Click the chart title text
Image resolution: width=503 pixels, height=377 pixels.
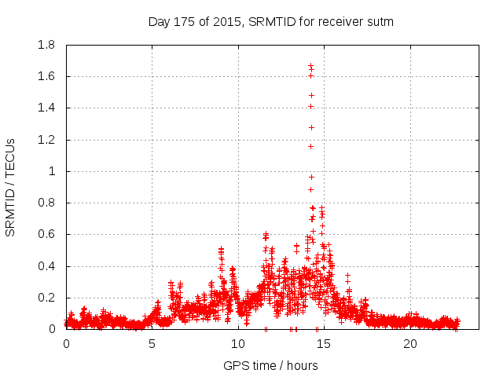click(270, 22)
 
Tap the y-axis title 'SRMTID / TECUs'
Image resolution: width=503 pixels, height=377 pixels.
click(10, 187)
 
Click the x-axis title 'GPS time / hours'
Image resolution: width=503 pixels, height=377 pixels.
click(270, 365)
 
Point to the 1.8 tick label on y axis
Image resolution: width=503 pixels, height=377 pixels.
click(46, 45)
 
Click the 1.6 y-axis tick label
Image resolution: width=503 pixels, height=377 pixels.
click(46, 76)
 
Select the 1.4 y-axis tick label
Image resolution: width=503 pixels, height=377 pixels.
click(46, 108)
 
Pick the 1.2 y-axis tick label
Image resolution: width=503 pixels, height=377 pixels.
click(46, 140)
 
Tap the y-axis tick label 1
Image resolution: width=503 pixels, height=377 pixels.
click(53, 171)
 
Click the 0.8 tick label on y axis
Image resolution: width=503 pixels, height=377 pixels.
click(46, 203)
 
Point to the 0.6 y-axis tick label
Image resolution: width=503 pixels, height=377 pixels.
click(46, 234)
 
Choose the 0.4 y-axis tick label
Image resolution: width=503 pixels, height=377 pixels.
click(46, 266)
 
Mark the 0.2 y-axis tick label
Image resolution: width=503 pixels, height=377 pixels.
click(46, 298)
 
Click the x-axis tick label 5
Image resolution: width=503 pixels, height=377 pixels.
click(152, 344)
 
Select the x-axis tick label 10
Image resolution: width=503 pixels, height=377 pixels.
click(238, 344)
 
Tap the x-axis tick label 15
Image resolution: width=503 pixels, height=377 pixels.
click(324, 344)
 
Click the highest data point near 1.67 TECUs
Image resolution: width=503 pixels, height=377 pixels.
click(310, 65)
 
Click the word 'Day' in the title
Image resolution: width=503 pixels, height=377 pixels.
click(160, 22)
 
